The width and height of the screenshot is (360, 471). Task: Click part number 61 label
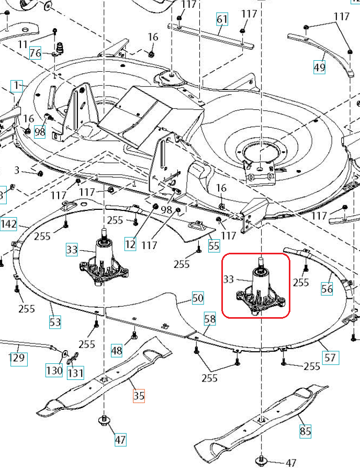coord(222,20)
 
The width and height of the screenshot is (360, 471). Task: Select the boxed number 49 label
coord(319,66)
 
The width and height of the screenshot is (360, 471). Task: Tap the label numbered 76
coord(35,53)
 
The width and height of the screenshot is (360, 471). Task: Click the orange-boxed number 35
coord(139,396)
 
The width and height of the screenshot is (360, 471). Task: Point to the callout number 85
coord(305,431)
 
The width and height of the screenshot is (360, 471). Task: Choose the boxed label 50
coord(198,298)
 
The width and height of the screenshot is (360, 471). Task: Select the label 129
coord(18,358)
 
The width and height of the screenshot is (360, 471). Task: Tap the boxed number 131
coord(75,373)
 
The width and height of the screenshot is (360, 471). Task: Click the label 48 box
coord(117,350)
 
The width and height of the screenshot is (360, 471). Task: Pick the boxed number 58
coord(210,318)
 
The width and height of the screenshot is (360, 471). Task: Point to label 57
coord(330,358)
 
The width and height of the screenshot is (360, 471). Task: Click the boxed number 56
coord(327,288)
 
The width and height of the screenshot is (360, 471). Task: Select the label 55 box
coord(213,245)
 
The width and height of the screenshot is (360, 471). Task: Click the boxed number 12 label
coord(130,243)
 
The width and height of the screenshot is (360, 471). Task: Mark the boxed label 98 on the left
coord(40,132)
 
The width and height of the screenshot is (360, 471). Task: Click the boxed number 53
coord(55,322)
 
